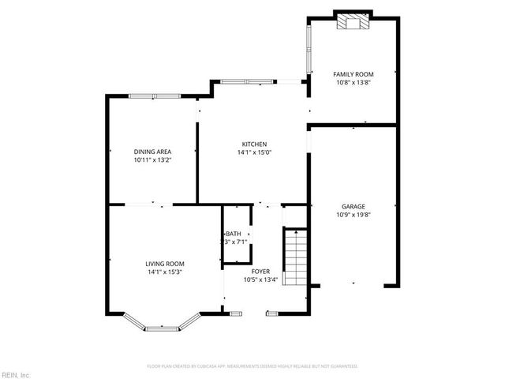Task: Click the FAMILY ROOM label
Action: [349, 73]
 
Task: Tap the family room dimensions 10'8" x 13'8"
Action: [349, 81]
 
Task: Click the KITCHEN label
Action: [253, 144]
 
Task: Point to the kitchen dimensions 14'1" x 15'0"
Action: [253, 152]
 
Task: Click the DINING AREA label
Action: [152, 151]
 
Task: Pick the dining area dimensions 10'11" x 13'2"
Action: [152, 159]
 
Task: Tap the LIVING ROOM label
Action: [165, 264]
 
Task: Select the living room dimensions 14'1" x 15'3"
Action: [165, 272]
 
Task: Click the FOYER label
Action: [260, 271]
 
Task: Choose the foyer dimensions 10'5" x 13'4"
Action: [260, 280]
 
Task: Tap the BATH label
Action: [234, 234]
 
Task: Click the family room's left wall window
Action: [307, 48]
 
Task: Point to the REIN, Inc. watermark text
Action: [15, 374]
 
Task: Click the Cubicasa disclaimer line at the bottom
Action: [252, 366]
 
